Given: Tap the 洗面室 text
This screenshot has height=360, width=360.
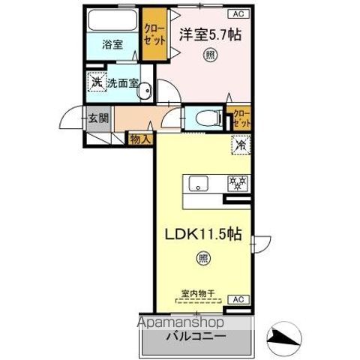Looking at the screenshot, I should pyautogui.click(x=121, y=82).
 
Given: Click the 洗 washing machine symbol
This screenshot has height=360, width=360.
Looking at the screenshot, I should pyautogui.click(x=95, y=82).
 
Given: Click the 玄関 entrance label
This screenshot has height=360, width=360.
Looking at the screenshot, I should pyautogui.click(x=96, y=118).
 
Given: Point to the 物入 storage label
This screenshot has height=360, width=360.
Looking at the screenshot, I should pyautogui.click(x=141, y=138).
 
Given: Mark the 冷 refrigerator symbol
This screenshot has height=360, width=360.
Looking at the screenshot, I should pyautogui.click(x=241, y=144).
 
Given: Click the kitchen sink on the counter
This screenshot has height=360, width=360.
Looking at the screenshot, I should pyautogui.click(x=200, y=181).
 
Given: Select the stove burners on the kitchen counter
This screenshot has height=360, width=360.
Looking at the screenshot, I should pyautogui.click(x=237, y=181).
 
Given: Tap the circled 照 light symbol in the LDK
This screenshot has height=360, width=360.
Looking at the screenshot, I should pyautogui.click(x=203, y=259).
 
